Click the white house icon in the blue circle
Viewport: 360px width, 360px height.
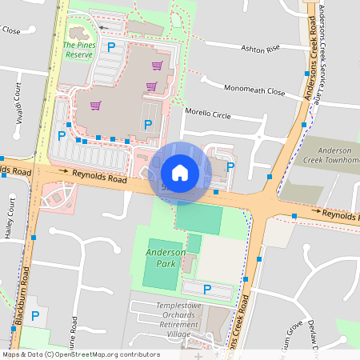pyautogui.click(x=180, y=173)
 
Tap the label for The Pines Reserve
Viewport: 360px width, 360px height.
pyautogui.click(x=78, y=50)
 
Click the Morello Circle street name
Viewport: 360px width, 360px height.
pyautogui.click(x=207, y=114)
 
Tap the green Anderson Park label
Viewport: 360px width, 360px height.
pyautogui.click(x=160, y=258)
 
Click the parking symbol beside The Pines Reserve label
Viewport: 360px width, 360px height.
pyautogui.click(x=111, y=48)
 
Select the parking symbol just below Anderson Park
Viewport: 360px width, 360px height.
pyautogui.click(x=207, y=289)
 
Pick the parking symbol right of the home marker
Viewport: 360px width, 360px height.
pyautogui.click(x=230, y=167)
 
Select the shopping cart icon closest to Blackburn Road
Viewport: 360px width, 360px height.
pyautogui.click(x=95, y=105)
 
